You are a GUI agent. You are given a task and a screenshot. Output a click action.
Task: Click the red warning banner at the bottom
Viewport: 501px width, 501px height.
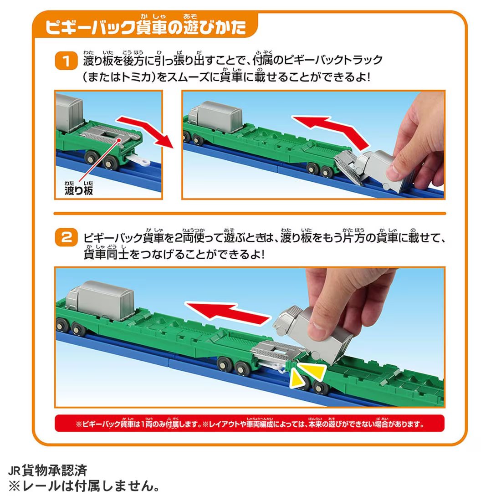point(249,424)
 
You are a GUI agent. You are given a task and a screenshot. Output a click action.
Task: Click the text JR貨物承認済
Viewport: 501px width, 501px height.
point(47,470)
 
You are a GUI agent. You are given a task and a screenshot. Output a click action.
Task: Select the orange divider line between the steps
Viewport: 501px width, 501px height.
point(249,213)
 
